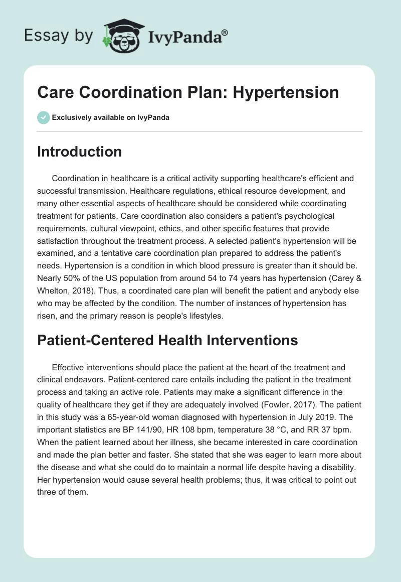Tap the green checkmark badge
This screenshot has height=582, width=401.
[43, 117]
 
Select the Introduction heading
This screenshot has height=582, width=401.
[79, 152]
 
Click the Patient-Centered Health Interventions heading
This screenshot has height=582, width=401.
[167, 340]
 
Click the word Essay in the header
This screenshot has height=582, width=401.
[42, 36]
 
